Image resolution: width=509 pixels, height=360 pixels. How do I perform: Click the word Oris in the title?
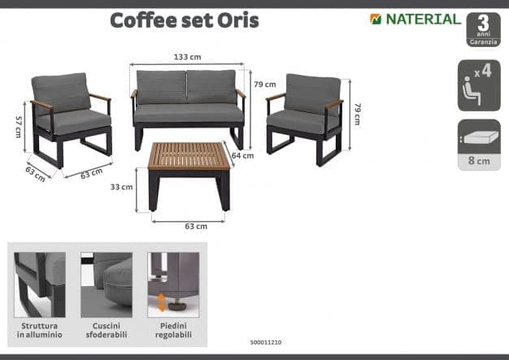[238, 20]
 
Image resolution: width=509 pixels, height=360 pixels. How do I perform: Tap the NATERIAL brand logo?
[415, 20]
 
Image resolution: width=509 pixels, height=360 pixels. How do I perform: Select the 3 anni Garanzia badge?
[483, 29]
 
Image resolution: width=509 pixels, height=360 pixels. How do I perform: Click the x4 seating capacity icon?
[479, 85]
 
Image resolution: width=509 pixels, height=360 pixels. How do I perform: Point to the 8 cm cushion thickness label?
[479, 161]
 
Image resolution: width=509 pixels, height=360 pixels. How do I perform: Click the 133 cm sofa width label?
[187, 57]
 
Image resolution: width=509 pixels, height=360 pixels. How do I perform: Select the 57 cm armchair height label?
[19, 127]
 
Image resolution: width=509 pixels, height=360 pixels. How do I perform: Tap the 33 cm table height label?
[121, 187]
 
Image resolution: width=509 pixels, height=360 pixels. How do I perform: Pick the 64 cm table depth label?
[242, 156]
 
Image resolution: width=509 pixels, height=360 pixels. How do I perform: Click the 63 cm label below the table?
[196, 227]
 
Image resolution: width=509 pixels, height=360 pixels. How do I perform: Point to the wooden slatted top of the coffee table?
[190, 156]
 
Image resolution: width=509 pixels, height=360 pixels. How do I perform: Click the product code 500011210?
[266, 342]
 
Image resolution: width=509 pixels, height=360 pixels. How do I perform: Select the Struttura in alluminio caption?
[40, 330]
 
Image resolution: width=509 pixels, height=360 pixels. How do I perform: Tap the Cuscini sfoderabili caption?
[107, 330]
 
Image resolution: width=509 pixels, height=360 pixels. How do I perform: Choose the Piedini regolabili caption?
[173, 330]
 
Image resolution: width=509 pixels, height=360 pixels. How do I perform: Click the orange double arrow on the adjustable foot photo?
[161, 302]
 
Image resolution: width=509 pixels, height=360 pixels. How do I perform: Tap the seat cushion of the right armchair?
[299, 122]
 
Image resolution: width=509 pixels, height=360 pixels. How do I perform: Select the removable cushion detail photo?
[107, 284]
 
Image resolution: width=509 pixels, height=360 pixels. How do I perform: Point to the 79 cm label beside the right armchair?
[358, 114]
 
